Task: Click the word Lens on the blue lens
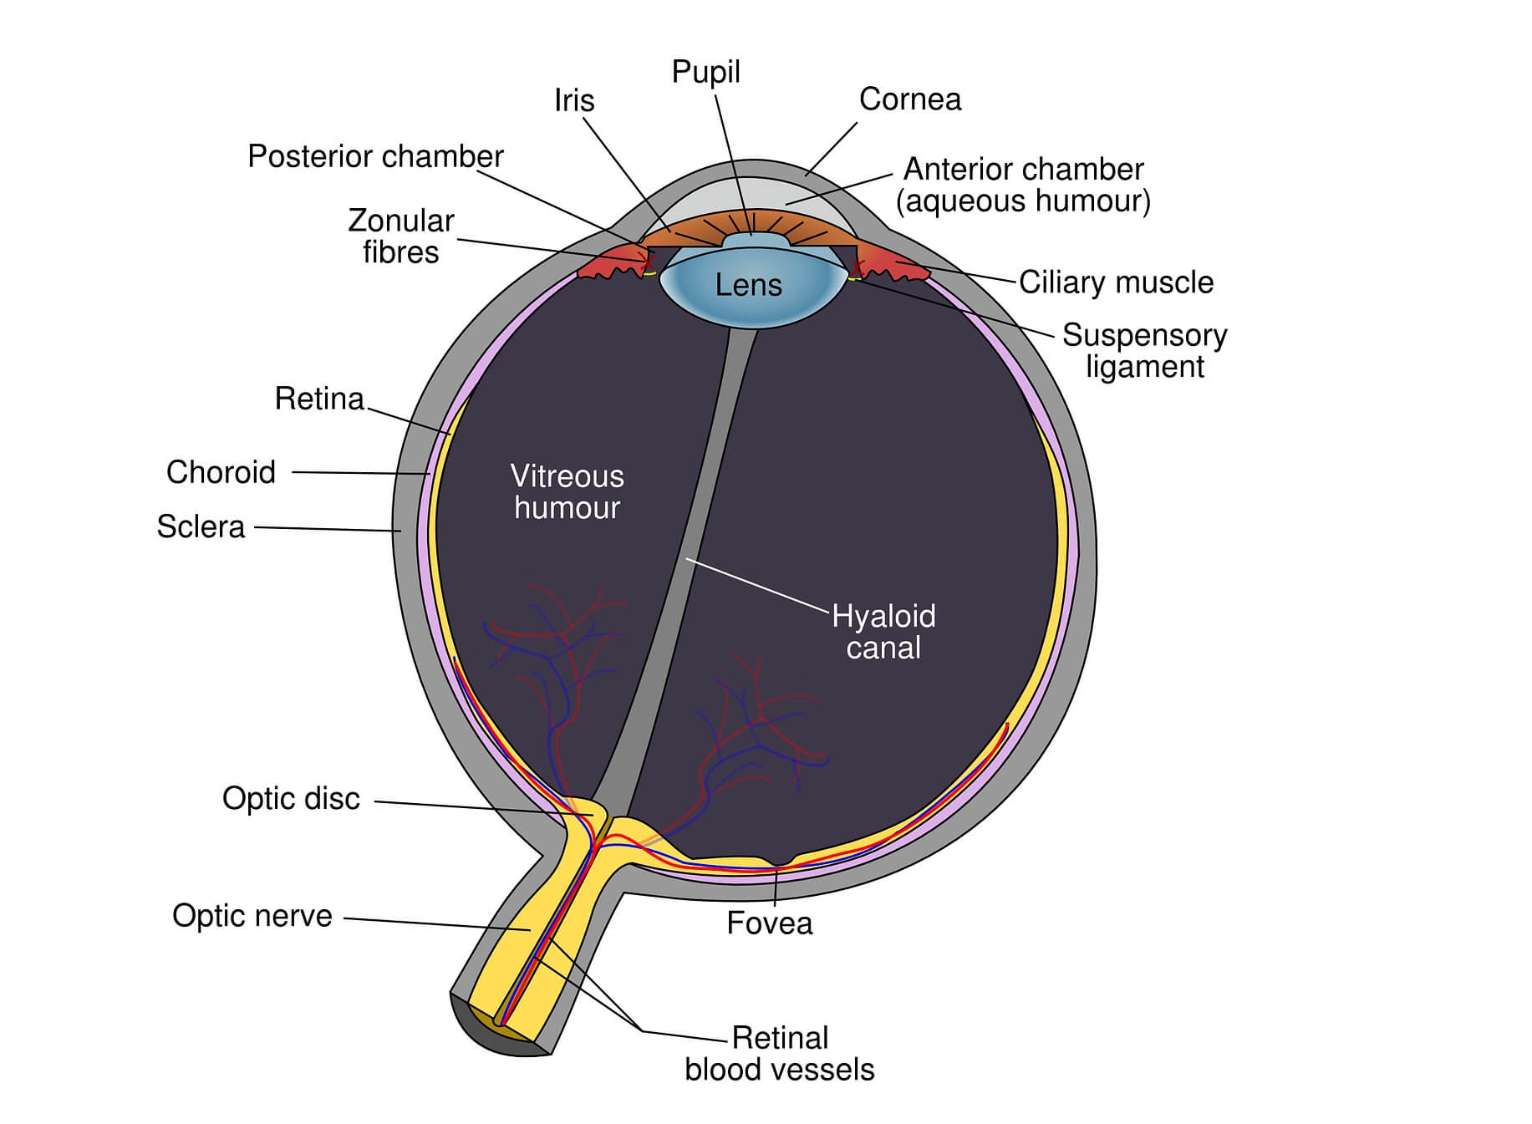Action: coord(748,285)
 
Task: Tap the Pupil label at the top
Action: coord(705,72)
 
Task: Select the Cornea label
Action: coord(909,99)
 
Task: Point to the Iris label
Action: coord(574,100)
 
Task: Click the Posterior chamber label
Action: coord(375,156)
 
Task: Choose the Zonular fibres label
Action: coord(400,236)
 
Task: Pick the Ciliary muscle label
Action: coord(1116,282)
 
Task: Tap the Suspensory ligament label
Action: coord(1144,351)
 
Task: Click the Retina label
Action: coord(319,399)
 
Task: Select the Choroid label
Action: coord(221,472)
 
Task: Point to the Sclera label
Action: coord(201,526)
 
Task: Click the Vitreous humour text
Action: coord(567,492)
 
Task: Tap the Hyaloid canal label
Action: coord(883,632)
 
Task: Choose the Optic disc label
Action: coord(291,799)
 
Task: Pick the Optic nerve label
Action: coord(252,916)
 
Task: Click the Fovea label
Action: coord(769,923)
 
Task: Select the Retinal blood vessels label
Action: coord(779,1054)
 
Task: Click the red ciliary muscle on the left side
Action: coord(610,265)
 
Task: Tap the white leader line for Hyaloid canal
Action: coord(756,585)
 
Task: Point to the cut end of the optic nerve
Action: coord(493,1032)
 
